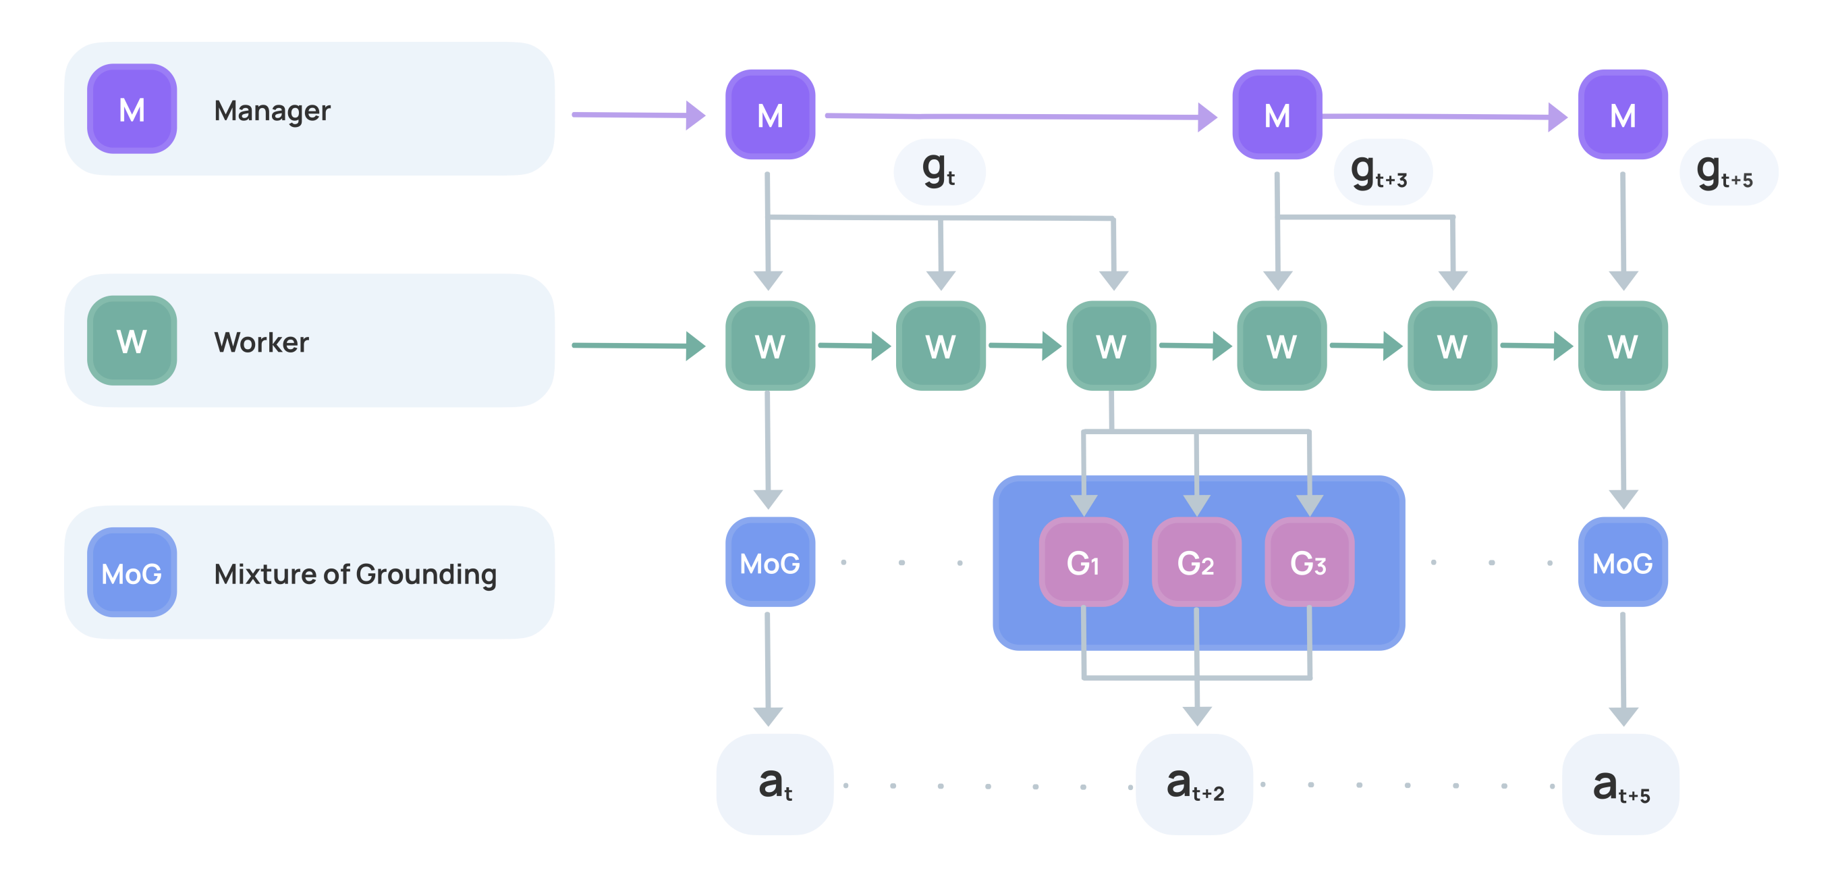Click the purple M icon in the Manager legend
[132, 109]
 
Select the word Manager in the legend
[272, 111]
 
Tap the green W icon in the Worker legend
[132, 341]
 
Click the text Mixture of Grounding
[354, 574]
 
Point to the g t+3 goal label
[1381, 172]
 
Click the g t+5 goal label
[1726, 172]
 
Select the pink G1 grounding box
[1083, 562]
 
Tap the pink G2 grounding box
[1196, 562]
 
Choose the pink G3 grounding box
[1308, 562]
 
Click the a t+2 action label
[1194, 784]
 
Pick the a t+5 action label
[1619, 784]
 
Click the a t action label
[775, 784]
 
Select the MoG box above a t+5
[1623, 562]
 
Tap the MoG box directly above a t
[770, 562]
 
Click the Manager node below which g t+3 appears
[1277, 115]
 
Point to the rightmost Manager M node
[1623, 115]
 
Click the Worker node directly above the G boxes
[1111, 346]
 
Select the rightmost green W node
[1623, 346]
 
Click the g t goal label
[939, 172]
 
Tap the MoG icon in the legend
[132, 573]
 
